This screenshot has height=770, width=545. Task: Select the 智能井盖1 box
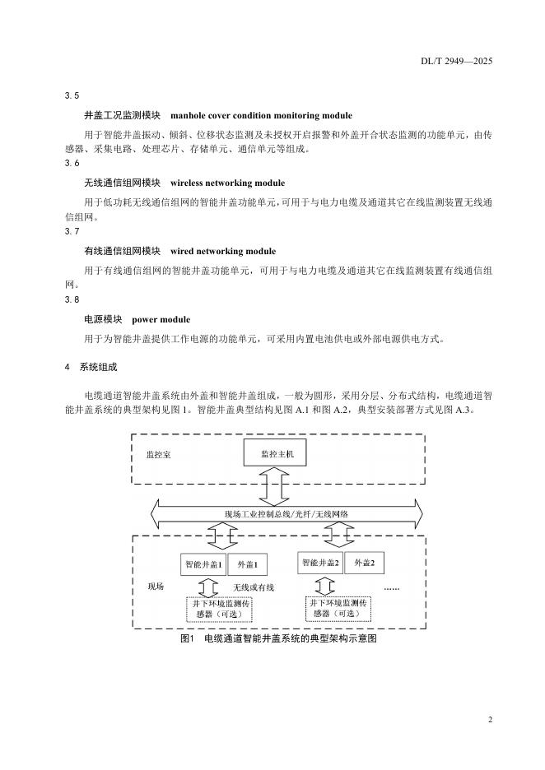[204, 565]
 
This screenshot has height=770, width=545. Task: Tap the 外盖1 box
[248, 565]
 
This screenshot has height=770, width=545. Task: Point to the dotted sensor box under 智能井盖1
[219, 609]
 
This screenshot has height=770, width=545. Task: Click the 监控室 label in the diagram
[159, 454]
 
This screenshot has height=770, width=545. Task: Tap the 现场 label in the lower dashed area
[156, 587]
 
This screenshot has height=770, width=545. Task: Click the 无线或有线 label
[253, 587]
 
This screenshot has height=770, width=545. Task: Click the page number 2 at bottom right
[490, 720]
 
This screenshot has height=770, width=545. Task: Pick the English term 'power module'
[161, 319]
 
